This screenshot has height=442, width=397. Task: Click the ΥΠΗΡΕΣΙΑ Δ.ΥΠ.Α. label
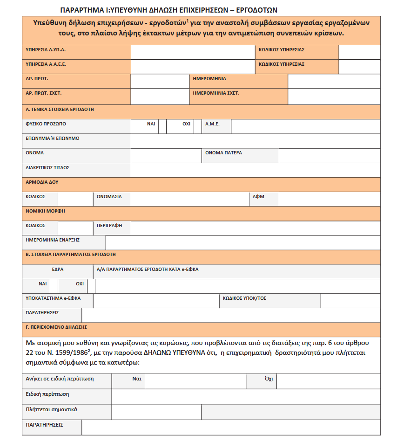point(42,49)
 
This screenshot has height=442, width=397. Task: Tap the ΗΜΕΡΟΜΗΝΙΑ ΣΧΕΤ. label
point(216,93)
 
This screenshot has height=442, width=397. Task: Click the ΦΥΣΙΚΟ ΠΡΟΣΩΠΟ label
point(46,124)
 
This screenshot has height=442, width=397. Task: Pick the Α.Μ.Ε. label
point(212,124)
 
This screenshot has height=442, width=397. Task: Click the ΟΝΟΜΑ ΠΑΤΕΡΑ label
point(224,153)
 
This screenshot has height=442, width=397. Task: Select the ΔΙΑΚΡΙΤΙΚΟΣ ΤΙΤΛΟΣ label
point(47,167)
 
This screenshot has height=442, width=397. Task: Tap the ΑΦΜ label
point(258,197)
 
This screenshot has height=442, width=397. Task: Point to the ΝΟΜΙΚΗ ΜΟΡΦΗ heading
point(46,211)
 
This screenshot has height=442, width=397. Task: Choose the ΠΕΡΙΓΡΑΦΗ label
point(109,225)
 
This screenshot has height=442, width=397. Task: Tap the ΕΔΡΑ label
point(58,269)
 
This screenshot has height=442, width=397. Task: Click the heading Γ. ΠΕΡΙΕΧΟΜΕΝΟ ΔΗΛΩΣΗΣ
point(56,327)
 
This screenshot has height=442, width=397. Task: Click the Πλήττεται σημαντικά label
point(52,409)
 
